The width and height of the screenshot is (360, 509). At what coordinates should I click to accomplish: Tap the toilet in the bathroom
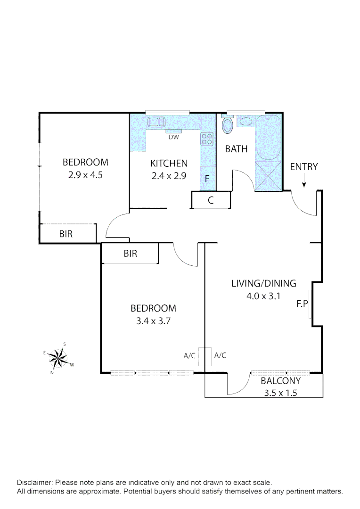coord(227,125)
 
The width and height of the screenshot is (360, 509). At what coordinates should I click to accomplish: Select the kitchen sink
coord(155,123)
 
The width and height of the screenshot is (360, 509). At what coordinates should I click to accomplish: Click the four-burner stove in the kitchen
coord(207,138)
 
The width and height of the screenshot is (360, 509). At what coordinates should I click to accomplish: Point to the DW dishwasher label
coord(173,138)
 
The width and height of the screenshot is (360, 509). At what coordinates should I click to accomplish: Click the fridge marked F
coord(207,179)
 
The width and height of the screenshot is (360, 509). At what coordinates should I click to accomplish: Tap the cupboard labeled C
coord(211,200)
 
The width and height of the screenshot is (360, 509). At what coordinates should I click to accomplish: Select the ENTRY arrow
coord(304,181)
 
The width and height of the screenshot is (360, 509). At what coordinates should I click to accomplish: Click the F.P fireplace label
coord(302,304)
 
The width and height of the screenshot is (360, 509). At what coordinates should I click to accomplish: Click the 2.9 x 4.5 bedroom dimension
coord(85,174)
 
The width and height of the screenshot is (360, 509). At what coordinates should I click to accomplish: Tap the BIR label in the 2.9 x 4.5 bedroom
coord(66,234)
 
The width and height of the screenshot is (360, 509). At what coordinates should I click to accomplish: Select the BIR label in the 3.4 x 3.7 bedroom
coord(130,254)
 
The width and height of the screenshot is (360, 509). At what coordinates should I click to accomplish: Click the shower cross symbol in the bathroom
coord(267,176)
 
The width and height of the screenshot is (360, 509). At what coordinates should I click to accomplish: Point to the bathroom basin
coord(245,122)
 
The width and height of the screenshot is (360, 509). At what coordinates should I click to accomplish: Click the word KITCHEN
coord(169,164)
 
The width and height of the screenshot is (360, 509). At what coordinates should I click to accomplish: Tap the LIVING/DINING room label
coord(263,283)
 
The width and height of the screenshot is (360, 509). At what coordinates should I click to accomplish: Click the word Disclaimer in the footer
coord(35,483)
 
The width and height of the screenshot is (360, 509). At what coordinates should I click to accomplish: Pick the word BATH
coord(236,149)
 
